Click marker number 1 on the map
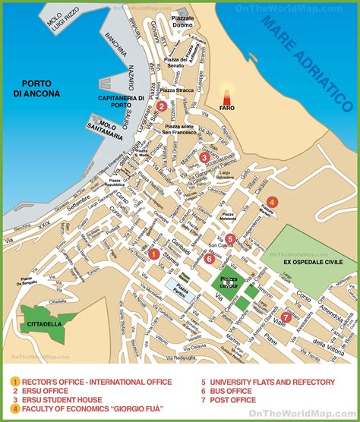[153, 254]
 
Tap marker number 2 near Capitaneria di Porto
[162, 106]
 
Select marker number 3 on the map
[204, 157]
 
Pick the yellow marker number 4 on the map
[272, 202]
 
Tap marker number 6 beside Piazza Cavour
[209, 258]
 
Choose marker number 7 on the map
[286, 316]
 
